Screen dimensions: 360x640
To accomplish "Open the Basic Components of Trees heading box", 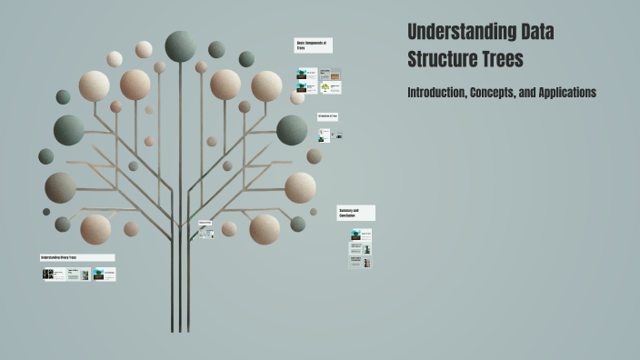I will pos(314,45).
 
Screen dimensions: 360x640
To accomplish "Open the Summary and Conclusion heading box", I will pos(355,213).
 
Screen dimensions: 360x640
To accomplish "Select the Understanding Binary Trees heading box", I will pos(77,257).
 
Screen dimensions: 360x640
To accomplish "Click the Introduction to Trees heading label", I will pos(328,116).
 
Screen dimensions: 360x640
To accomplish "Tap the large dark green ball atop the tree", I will pos(180,45).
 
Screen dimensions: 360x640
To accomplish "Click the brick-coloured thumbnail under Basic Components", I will pos(336,76).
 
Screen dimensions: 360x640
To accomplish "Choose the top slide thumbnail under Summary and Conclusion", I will pos(361,235).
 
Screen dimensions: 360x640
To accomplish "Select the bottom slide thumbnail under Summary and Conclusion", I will pos(361,263).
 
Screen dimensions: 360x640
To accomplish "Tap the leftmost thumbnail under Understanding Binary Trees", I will pos(55,274).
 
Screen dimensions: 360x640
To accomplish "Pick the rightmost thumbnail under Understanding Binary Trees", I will pos(105,274).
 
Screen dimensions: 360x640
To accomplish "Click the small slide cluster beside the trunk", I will pos(206,233).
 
